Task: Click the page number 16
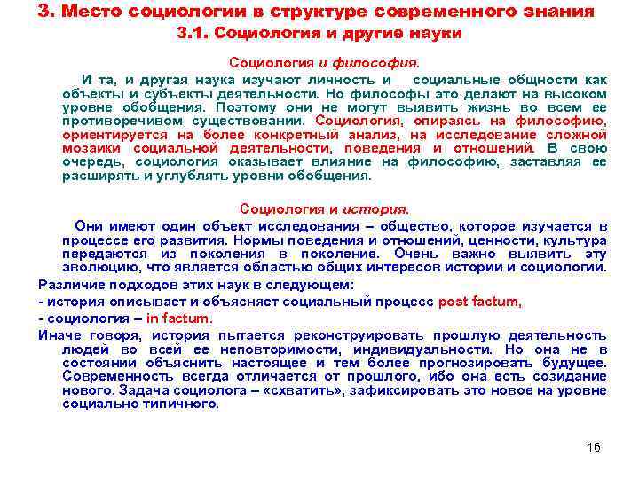coord(595,446)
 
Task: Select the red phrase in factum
coord(179,318)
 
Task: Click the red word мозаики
coord(87,148)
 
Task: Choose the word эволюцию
coord(94,267)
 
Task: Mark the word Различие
coord(70,284)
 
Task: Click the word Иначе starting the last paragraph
coord(59,334)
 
